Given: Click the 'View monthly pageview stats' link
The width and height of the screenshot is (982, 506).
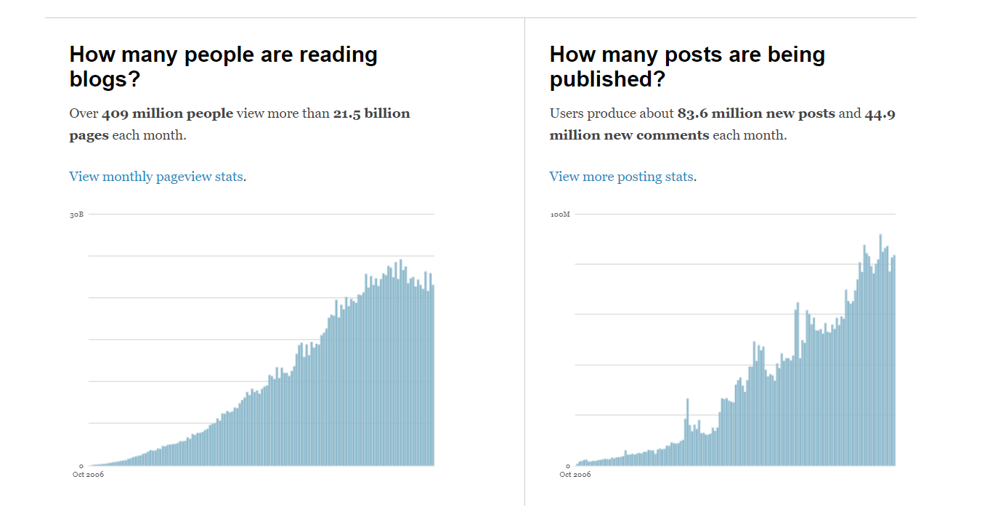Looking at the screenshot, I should click(x=156, y=177).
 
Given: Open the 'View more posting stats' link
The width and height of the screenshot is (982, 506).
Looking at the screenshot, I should click(x=621, y=177).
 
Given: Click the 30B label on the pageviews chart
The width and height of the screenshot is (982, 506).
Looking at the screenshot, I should click(x=76, y=214).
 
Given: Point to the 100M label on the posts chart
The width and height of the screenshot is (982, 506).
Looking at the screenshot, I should click(x=560, y=214).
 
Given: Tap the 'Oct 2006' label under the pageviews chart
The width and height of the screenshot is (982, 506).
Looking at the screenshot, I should click(x=88, y=475).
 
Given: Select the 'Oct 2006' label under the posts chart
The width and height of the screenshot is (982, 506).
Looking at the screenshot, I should click(x=575, y=475).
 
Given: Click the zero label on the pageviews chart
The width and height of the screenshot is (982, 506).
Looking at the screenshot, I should click(x=81, y=465).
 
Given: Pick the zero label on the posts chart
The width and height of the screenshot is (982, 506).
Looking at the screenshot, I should click(x=567, y=465).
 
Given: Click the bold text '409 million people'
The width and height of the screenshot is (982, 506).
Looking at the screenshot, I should click(x=168, y=113).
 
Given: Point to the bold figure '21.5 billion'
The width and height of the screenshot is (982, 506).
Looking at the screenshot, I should click(x=371, y=113).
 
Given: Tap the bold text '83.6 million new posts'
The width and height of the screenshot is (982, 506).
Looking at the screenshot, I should click(x=756, y=113).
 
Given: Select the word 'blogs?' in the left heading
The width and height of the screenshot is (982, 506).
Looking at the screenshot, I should click(x=105, y=79).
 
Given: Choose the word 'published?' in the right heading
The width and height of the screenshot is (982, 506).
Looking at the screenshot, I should click(x=607, y=79).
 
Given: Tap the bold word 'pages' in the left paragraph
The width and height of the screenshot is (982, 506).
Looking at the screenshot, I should click(x=89, y=135).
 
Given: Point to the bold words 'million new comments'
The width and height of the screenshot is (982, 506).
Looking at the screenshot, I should click(x=629, y=135).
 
